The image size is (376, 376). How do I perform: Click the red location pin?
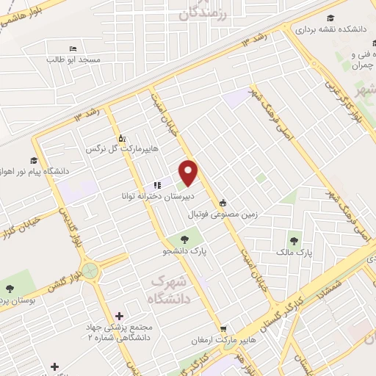(189, 173)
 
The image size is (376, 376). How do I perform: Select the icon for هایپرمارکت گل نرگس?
(122, 137)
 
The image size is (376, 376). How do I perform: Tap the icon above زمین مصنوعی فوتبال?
(223, 203)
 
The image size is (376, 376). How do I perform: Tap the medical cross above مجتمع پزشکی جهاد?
(119, 315)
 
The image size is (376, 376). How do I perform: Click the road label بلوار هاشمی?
(21, 12)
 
